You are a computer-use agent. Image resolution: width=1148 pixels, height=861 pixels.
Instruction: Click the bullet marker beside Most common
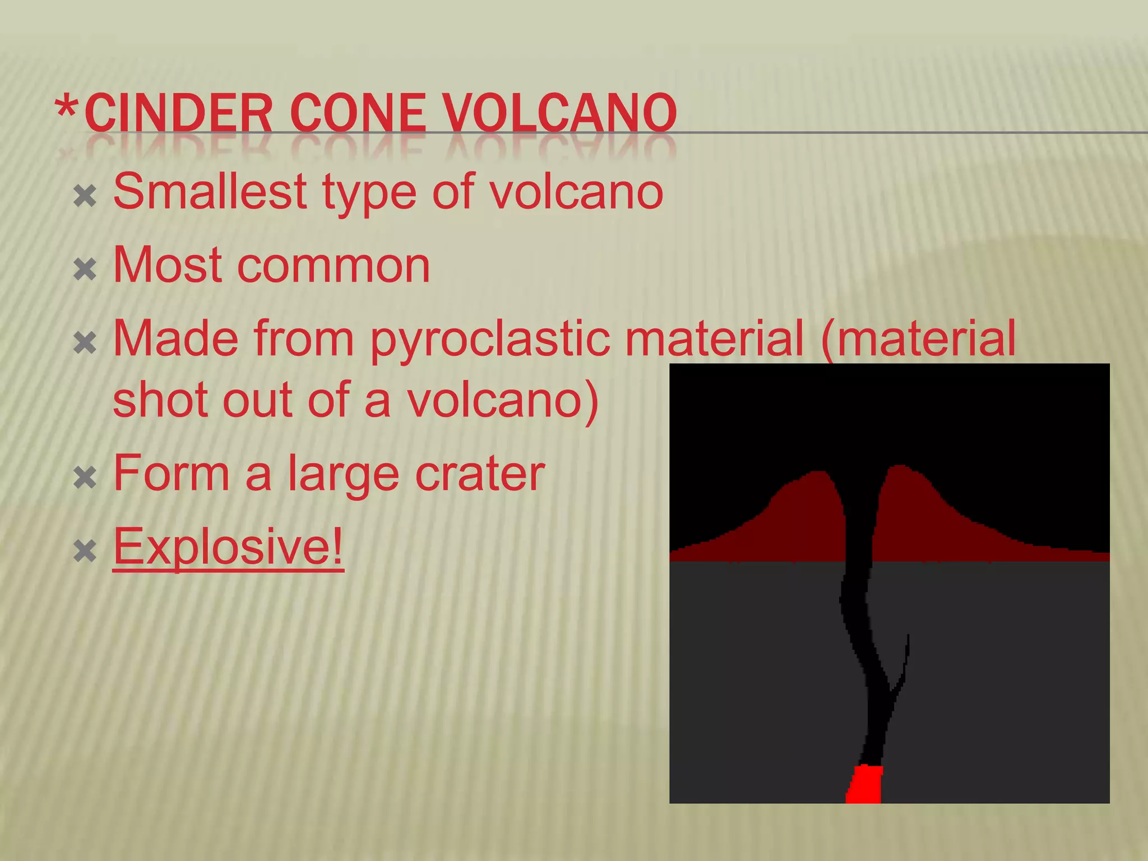pyautogui.click(x=85, y=270)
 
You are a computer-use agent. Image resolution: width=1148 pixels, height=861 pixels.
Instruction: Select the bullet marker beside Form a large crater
pyautogui.click(x=85, y=478)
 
